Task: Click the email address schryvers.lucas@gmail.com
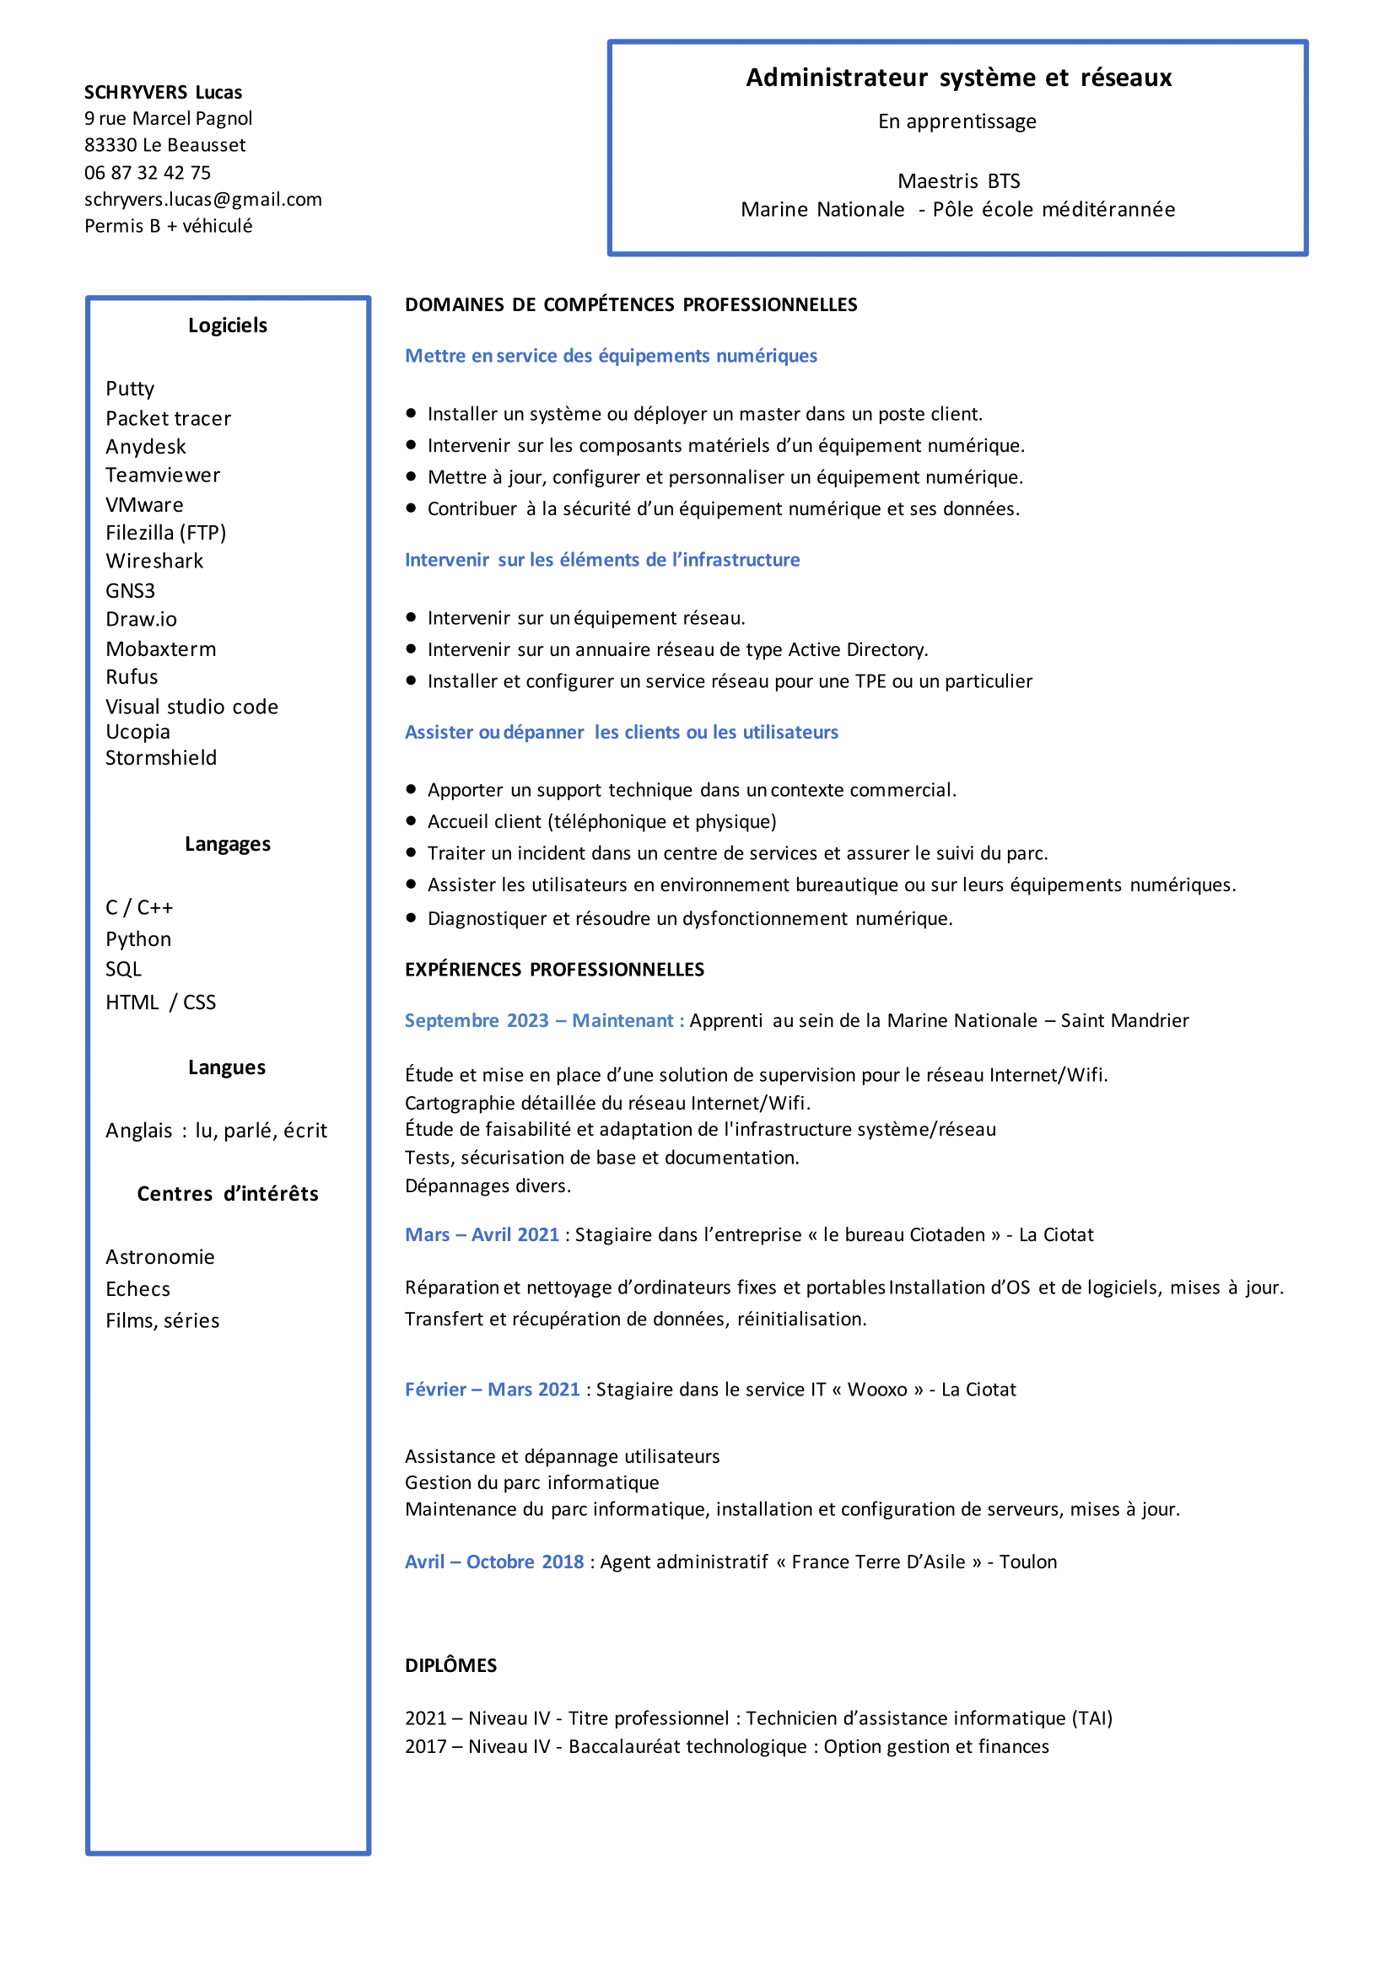pyautogui.click(x=203, y=199)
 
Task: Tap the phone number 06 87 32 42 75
pyautogui.click(x=147, y=173)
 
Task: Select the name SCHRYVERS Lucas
pyautogui.click(x=163, y=92)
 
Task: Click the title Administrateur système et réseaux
pyautogui.click(x=957, y=78)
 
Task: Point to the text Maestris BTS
pyautogui.click(x=957, y=181)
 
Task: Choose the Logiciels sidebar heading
pyautogui.click(x=227, y=325)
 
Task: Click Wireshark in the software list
pyautogui.click(x=154, y=562)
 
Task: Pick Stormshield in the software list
pyautogui.click(x=161, y=758)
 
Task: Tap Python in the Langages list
pyautogui.click(x=137, y=939)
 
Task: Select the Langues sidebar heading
pyautogui.click(x=227, y=1067)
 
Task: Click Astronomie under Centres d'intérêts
pyautogui.click(x=160, y=1257)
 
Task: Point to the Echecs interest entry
pyautogui.click(x=137, y=1289)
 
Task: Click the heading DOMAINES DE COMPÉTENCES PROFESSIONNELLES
pyautogui.click(x=631, y=304)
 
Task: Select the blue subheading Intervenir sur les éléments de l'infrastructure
pyautogui.click(x=601, y=560)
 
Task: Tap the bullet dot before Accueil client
pyautogui.click(x=411, y=821)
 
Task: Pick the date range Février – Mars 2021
pyautogui.click(x=492, y=1390)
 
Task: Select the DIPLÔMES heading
pyautogui.click(x=450, y=1665)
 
